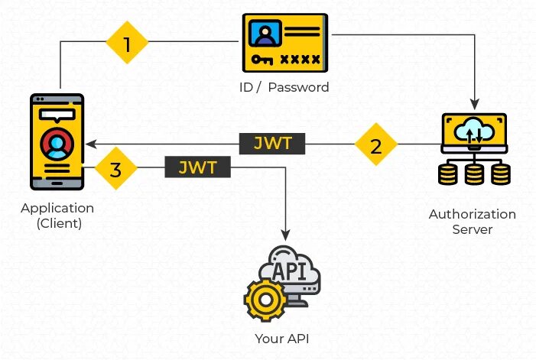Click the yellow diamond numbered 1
pos(126,44)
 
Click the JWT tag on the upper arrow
pos(272,143)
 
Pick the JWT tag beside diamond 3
pos(197,167)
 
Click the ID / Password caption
pos(284,87)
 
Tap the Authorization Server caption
pos(472,222)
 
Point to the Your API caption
pos(282,338)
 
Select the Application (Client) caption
pos(57,216)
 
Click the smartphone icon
pos(57,141)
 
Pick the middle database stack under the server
pos(474,174)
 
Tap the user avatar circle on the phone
pos(57,144)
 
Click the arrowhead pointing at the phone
pos(89,144)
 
